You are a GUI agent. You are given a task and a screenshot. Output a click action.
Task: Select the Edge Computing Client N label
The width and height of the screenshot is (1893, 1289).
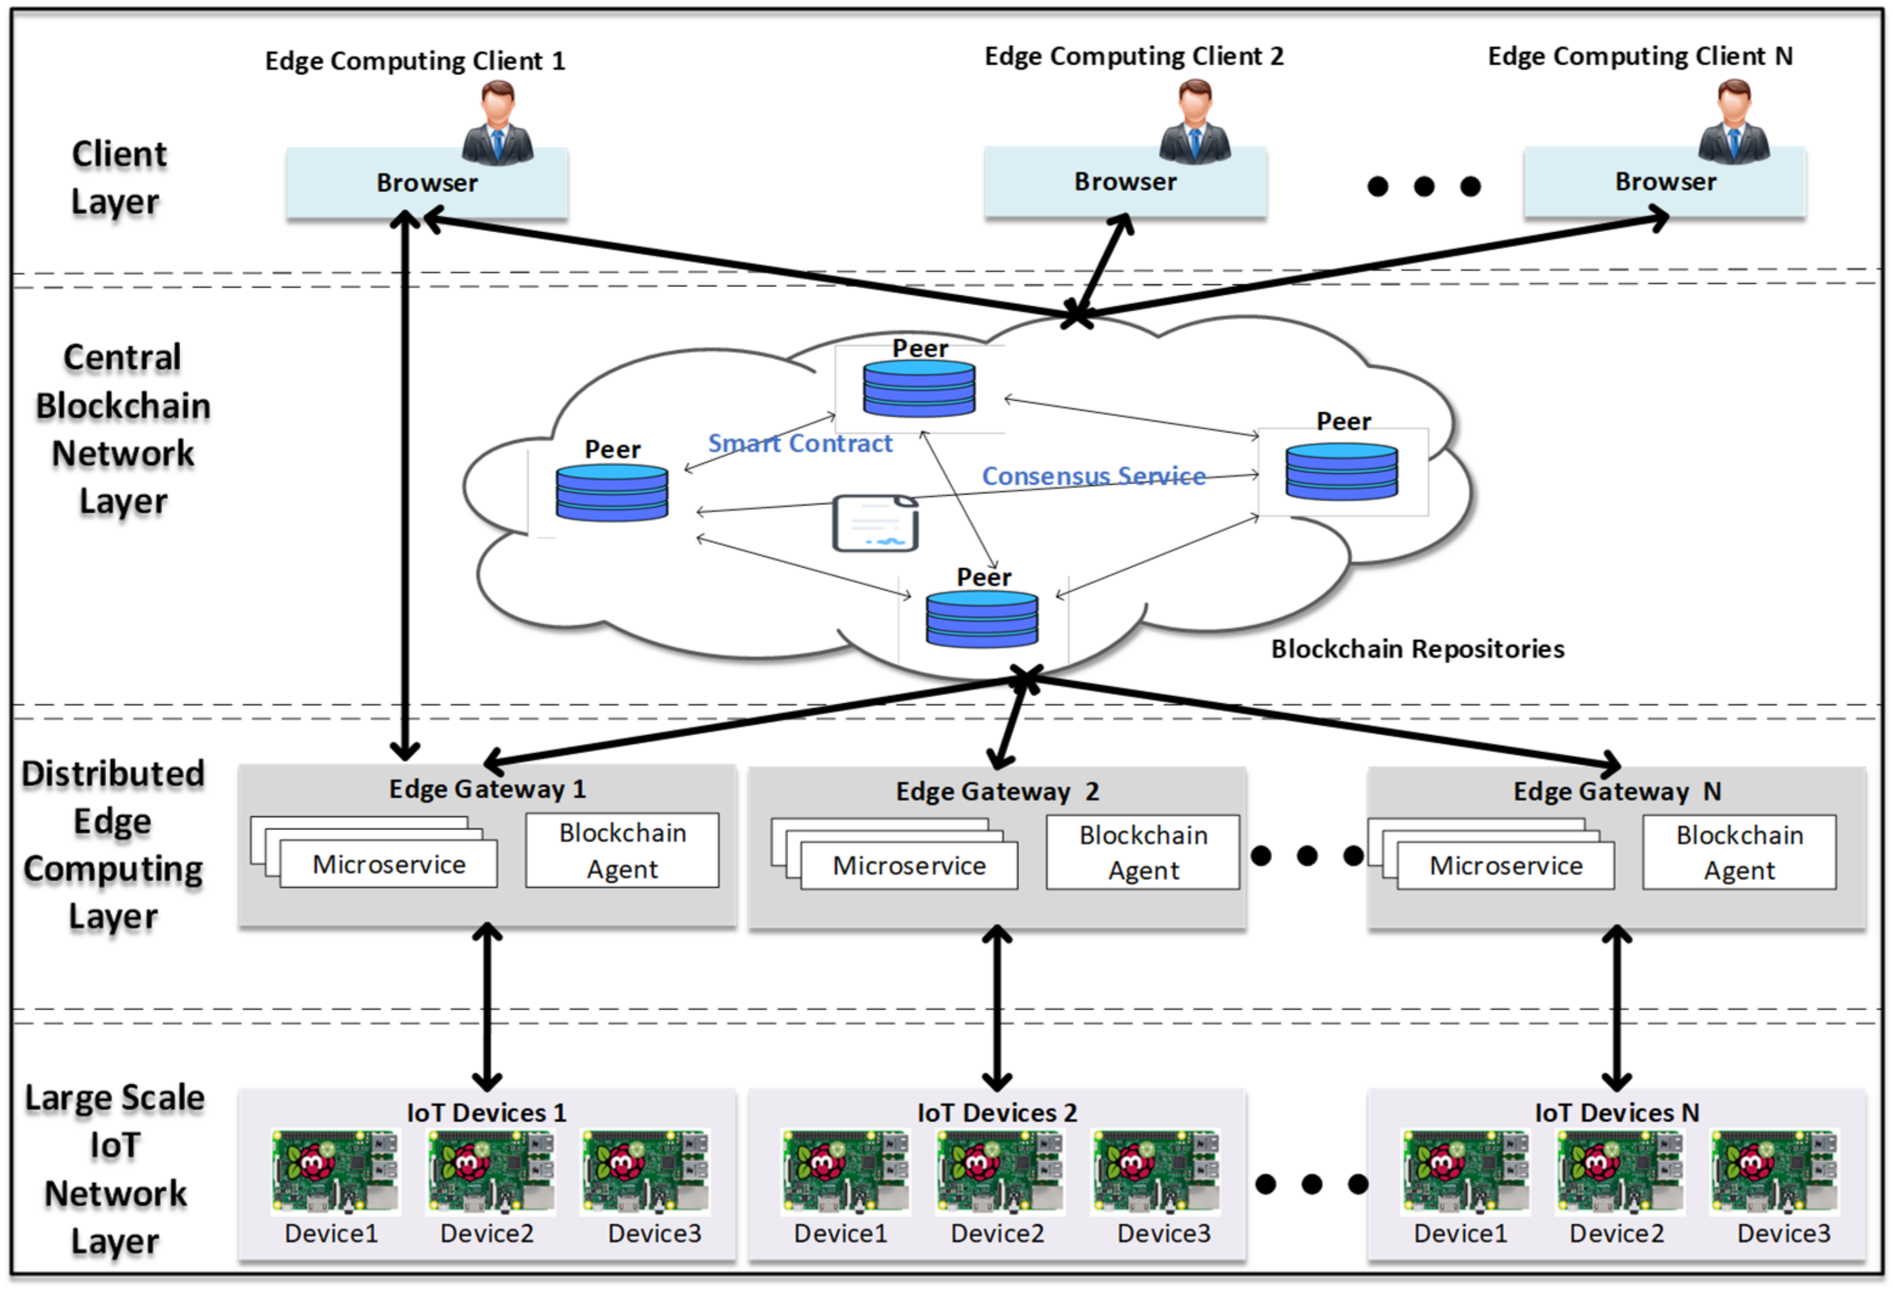coord(1640,56)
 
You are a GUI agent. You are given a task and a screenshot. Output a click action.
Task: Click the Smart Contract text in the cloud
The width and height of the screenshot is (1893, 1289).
coord(800,443)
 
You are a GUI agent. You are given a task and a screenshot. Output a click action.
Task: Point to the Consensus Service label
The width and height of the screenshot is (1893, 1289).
coord(1093,476)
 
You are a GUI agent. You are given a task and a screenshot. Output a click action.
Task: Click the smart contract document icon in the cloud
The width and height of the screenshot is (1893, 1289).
coord(875,523)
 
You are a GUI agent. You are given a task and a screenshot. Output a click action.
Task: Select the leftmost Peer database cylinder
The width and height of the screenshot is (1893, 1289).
coord(612,492)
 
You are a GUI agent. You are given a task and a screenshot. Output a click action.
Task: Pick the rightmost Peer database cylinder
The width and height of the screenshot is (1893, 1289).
coord(1341,471)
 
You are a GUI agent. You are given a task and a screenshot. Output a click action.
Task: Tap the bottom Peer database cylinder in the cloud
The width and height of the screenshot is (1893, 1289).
coord(981,619)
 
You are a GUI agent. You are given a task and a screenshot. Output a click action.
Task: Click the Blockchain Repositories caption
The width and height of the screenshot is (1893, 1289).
coord(1417,648)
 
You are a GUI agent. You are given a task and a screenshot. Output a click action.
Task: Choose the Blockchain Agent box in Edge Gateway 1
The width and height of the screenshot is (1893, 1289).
coord(622,851)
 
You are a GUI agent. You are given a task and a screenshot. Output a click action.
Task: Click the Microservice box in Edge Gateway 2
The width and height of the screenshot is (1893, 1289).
coord(909,866)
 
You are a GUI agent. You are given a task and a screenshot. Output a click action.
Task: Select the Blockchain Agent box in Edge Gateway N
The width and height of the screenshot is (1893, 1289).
coord(1739,852)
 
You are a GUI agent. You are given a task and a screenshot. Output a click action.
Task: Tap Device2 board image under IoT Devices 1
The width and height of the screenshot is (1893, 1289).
coord(490,1171)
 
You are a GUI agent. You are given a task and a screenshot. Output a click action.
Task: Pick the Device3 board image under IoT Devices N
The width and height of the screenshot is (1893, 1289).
coord(1774,1171)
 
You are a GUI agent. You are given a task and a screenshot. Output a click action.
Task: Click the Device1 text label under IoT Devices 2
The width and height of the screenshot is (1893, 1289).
coord(841,1233)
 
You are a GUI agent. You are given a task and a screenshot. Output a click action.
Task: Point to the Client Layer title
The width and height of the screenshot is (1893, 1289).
coord(119,178)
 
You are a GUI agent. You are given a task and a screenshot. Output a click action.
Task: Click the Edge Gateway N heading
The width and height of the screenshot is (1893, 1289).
coord(1617,791)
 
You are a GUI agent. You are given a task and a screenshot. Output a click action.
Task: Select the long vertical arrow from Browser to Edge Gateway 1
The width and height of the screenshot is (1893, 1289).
coord(405,489)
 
